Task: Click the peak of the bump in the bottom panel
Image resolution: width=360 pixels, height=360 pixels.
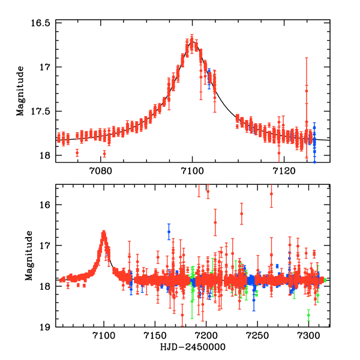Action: point(104,233)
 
